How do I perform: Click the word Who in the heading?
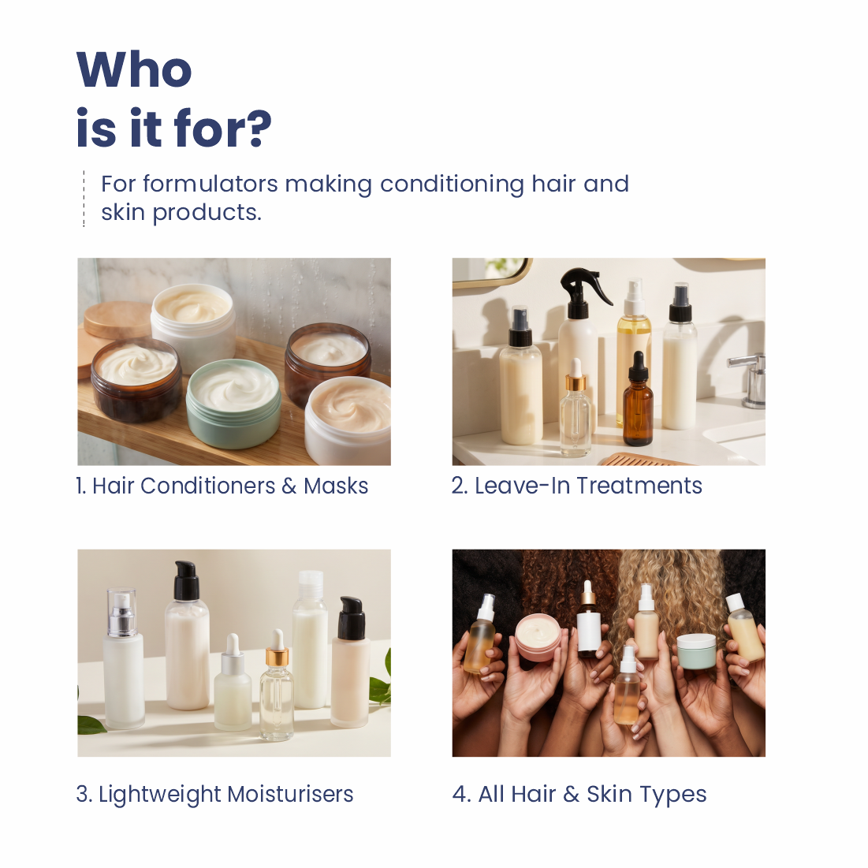[134, 69]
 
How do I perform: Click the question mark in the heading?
[259, 129]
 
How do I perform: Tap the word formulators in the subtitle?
[210, 184]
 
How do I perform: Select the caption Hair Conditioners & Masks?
[222, 486]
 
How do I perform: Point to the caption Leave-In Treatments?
[577, 486]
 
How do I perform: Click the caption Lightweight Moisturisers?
[214, 795]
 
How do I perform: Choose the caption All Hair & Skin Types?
[579, 795]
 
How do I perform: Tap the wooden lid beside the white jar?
[117, 319]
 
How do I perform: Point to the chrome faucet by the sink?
[750, 378]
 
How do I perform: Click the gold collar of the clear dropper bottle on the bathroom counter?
[576, 382]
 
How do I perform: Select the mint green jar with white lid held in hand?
[696, 651]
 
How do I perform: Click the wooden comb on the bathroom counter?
[643, 459]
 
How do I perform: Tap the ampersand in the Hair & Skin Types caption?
[571, 795]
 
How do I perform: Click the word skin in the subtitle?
[123, 212]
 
